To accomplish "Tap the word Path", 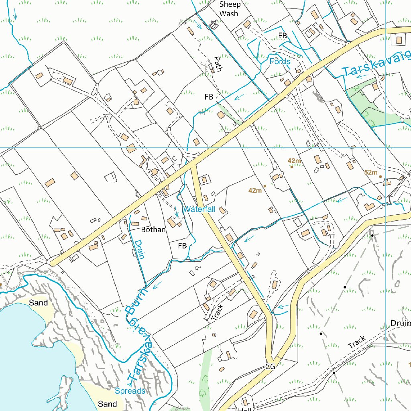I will (218, 63).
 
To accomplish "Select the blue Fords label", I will (280, 61).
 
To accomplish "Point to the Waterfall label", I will (199, 209).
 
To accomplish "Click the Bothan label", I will (153, 230).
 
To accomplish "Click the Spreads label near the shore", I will (130, 391).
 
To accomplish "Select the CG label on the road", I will (270, 367).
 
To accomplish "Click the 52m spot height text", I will (371, 173).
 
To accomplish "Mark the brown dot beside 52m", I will (380, 176).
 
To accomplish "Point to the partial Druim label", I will (400, 324).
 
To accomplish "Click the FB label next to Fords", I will (283, 36).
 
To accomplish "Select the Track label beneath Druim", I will (357, 342).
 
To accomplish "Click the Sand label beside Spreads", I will (108, 404).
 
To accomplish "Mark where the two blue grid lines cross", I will (386, 148).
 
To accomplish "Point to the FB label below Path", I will (209, 97).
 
